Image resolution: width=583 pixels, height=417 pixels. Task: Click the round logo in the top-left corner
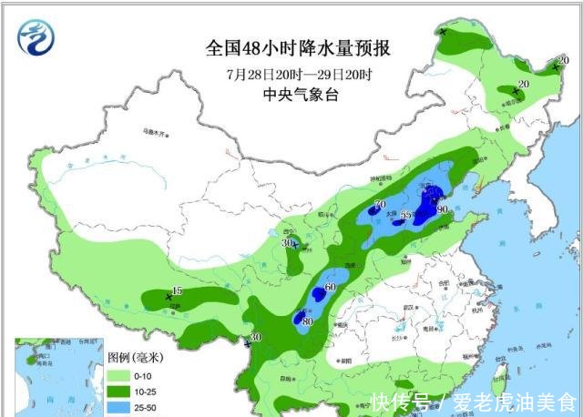(36, 36)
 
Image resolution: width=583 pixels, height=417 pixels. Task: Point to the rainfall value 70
(380, 203)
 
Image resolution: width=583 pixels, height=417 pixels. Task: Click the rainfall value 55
(406, 214)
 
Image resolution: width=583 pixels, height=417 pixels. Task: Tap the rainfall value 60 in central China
(330, 288)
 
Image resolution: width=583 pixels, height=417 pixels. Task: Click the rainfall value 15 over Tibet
(178, 291)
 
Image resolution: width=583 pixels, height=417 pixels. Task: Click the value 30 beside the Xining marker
(287, 243)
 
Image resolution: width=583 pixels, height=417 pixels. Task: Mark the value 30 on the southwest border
(255, 338)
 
